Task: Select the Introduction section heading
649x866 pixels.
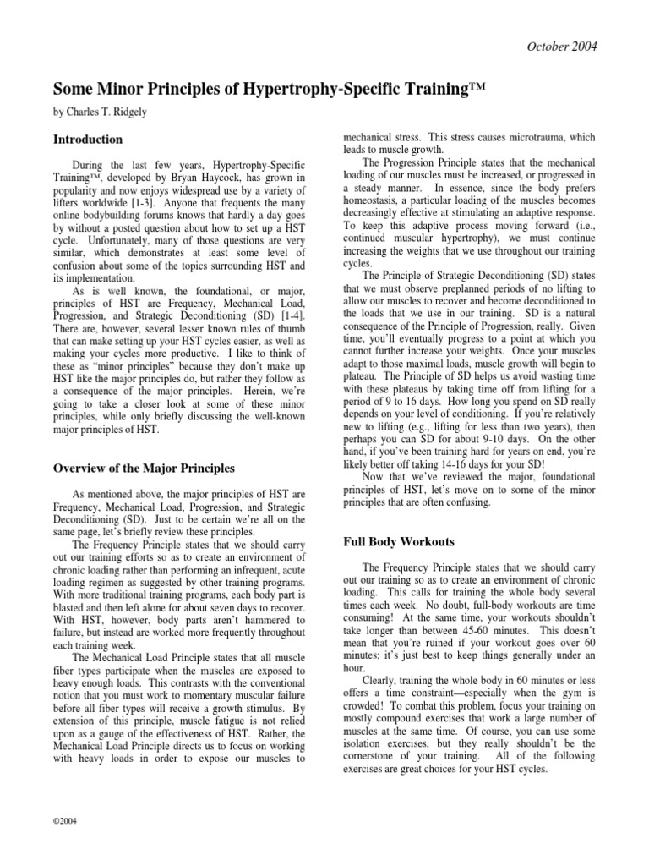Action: (x=88, y=140)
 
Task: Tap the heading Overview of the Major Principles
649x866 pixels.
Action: (x=144, y=468)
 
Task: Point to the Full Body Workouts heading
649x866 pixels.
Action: (x=396, y=540)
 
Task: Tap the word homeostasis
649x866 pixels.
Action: (x=373, y=202)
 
